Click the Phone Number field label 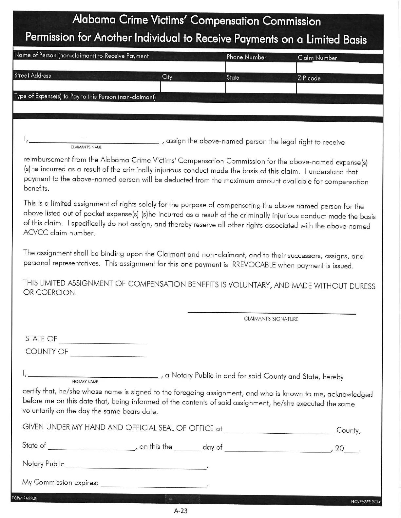[x=246, y=57]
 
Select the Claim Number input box [x=339, y=68]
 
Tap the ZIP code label [x=309, y=78]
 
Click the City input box [x=193, y=87]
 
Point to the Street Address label [x=32, y=76]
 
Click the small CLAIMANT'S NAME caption [x=86, y=147]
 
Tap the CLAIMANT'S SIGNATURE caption [x=271, y=319]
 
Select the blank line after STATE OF [x=103, y=342]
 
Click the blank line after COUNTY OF [x=108, y=355]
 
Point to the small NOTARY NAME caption [x=85, y=382]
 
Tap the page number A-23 [x=181, y=511]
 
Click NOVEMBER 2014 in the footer [x=366, y=502]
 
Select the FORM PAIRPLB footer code [x=24, y=498]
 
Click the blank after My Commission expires [x=154, y=486]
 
